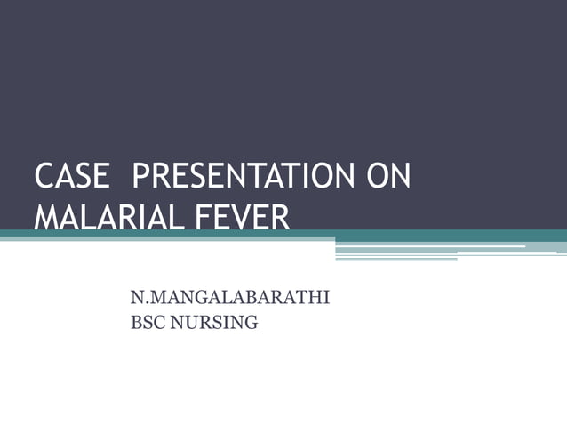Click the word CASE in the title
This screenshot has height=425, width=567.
pos(73,176)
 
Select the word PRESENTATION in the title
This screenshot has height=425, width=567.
pos(242,176)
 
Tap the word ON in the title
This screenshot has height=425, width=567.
pos(388,176)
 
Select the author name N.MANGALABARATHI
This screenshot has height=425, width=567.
pos(230,297)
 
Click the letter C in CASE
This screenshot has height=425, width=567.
pos(44,176)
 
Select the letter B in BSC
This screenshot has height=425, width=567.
pos(136,323)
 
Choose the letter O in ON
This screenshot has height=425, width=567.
pos(378,176)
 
